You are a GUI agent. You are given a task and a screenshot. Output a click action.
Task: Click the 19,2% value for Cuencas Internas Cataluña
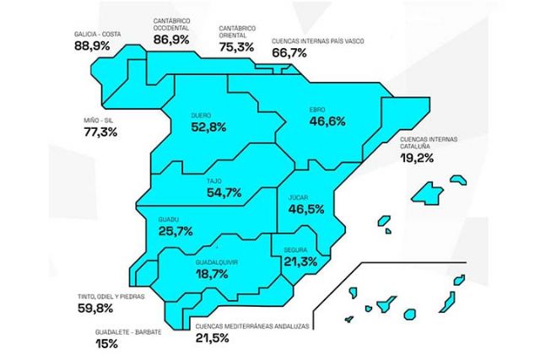tap(418, 157)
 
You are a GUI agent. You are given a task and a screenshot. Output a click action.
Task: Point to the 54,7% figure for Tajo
tap(224, 193)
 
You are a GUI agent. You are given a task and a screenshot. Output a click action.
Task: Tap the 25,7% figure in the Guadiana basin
tap(175, 230)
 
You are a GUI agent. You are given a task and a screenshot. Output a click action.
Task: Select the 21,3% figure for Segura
tap(300, 262)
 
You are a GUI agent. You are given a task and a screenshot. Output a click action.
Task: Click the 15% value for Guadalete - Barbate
tap(107, 344)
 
